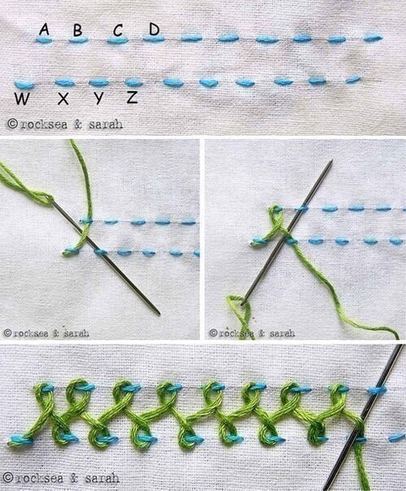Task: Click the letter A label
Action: tap(44, 30)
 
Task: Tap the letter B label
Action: tap(77, 30)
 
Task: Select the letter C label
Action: tap(118, 31)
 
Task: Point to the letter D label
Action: tap(155, 29)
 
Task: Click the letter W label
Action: tap(22, 98)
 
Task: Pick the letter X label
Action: tap(63, 98)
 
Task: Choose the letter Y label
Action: tap(98, 98)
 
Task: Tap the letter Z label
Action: tap(133, 98)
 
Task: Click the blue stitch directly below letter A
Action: tap(44, 40)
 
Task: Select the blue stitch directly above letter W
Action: tap(24, 84)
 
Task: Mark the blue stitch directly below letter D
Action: tap(153, 39)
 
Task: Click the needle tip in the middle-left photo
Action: tap(159, 314)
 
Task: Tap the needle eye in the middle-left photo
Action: tap(52, 202)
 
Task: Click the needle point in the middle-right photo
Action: tap(332, 161)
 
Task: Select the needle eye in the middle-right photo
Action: tap(243, 302)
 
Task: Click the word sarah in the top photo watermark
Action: tap(106, 124)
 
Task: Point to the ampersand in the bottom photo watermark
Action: tap(75, 479)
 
